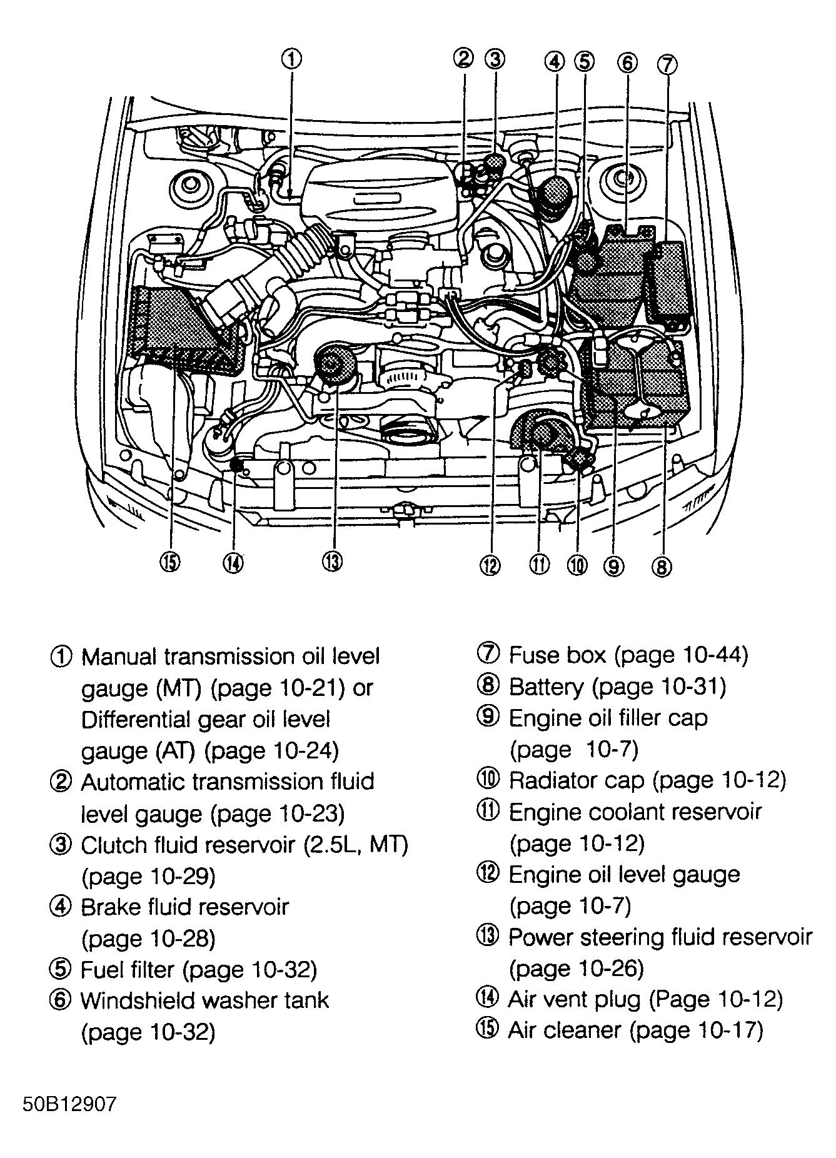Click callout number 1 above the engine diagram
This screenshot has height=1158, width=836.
point(291,59)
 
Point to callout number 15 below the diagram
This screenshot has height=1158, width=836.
point(169,563)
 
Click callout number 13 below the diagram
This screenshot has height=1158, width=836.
point(332,562)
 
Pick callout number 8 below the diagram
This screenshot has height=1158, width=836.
point(662,566)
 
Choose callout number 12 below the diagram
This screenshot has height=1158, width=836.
point(491,566)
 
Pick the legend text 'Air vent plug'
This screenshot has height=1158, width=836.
point(575,999)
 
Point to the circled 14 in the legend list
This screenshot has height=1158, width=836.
point(488,998)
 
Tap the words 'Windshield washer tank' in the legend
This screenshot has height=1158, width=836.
point(204,1000)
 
